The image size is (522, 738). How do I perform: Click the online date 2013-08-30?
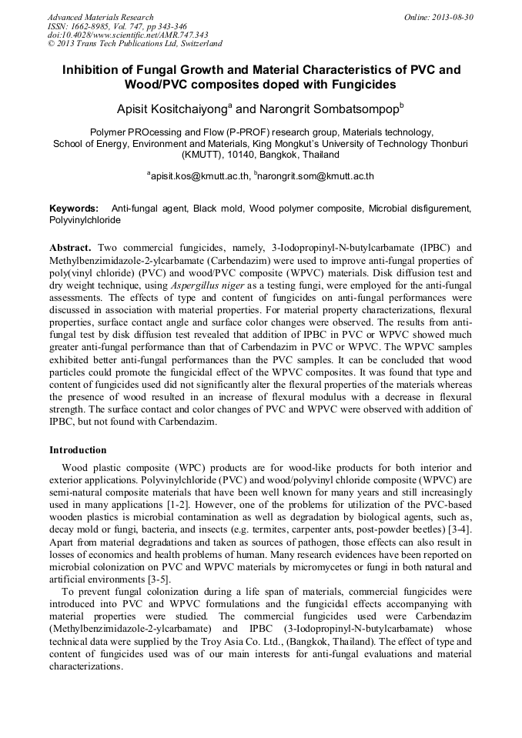[x=453, y=16]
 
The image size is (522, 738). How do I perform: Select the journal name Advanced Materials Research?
[x=100, y=16]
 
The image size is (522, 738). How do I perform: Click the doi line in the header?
[x=127, y=35]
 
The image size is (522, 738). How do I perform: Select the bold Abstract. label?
[x=70, y=249]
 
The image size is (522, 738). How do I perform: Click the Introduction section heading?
[x=78, y=449]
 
